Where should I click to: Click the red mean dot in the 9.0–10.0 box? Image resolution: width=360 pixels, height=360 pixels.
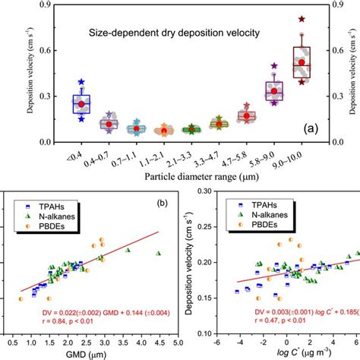pyautogui.click(x=302, y=62)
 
